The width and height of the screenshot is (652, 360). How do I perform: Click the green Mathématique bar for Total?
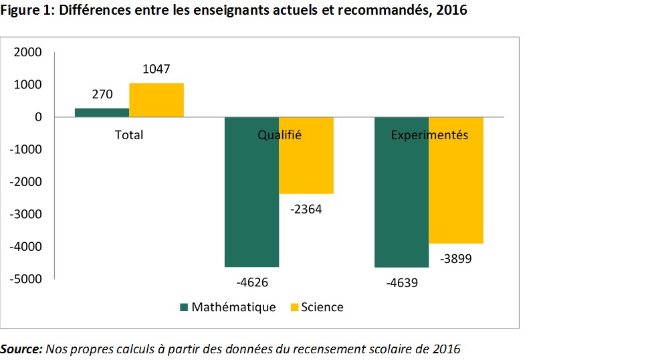click(102, 112)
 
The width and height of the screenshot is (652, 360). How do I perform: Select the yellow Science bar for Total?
click(156, 100)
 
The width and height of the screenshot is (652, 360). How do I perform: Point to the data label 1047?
click(156, 69)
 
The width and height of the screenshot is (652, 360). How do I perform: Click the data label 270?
click(102, 94)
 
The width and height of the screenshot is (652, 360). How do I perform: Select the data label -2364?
click(306, 209)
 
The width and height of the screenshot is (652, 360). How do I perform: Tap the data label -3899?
click(456, 259)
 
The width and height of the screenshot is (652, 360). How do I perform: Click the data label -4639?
click(402, 282)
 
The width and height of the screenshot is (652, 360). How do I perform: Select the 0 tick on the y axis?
click(38, 117)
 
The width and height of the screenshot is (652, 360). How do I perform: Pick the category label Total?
click(129, 134)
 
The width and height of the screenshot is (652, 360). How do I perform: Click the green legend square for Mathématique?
click(184, 308)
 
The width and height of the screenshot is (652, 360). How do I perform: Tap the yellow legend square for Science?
click(294, 308)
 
